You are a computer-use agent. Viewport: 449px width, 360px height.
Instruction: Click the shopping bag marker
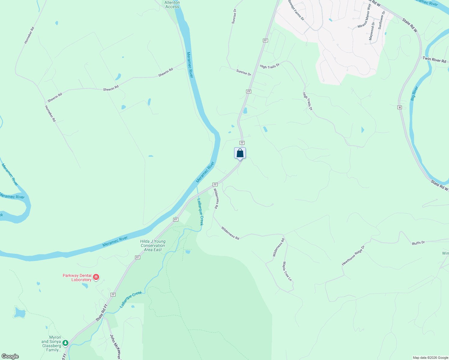pos(240,153)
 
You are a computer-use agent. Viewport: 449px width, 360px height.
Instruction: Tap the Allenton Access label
pos(172,4)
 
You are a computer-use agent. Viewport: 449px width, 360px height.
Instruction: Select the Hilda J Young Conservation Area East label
pos(153,245)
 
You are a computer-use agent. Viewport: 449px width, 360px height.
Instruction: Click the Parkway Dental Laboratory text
pos(77,277)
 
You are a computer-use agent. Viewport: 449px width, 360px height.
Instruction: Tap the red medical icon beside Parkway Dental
pos(96,277)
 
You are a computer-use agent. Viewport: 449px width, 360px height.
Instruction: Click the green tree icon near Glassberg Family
pos(65,343)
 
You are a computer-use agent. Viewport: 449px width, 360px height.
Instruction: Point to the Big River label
pos(414,93)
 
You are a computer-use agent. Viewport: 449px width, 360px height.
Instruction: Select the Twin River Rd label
pos(434,59)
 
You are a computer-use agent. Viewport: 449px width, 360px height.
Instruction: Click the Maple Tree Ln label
pos(287,271)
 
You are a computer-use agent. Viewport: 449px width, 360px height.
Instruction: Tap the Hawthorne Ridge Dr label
pos(353,256)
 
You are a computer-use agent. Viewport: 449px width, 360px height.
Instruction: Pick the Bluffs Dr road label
pos(418,242)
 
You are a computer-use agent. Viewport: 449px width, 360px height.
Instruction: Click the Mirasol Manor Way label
pos(364,20)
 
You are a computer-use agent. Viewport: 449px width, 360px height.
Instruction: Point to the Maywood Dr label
pos(372,31)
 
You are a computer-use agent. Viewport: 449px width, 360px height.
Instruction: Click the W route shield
pos(399,107)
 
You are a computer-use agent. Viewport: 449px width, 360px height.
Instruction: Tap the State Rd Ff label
pos(102,313)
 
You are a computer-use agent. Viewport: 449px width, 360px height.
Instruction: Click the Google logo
pos(10,356)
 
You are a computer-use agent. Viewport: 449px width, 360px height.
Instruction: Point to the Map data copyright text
pos(430,358)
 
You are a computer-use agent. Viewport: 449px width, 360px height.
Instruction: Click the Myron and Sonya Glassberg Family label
pos(51,343)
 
